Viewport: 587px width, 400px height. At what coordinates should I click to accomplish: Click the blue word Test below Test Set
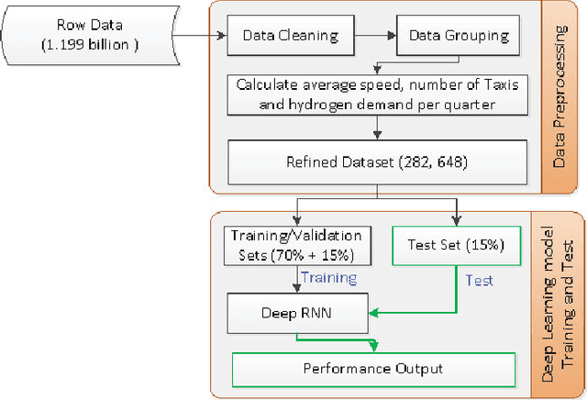[480, 279]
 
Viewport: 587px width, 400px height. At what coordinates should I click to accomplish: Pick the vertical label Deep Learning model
[548, 303]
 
